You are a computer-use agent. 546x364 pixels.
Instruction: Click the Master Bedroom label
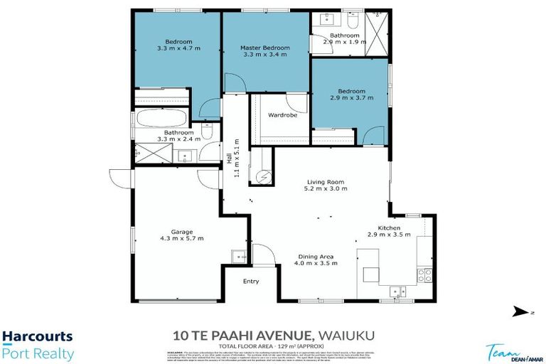tap(264, 47)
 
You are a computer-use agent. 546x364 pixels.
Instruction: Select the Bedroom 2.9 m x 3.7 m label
tap(351, 91)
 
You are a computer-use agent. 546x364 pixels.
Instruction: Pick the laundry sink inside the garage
tap(237, 257)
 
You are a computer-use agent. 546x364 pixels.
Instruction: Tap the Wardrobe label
tap(282, 114)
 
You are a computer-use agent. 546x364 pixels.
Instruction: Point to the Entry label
tap(251, 281)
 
